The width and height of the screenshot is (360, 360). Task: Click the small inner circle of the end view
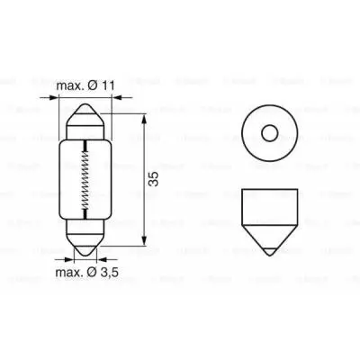tap(266, 133)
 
